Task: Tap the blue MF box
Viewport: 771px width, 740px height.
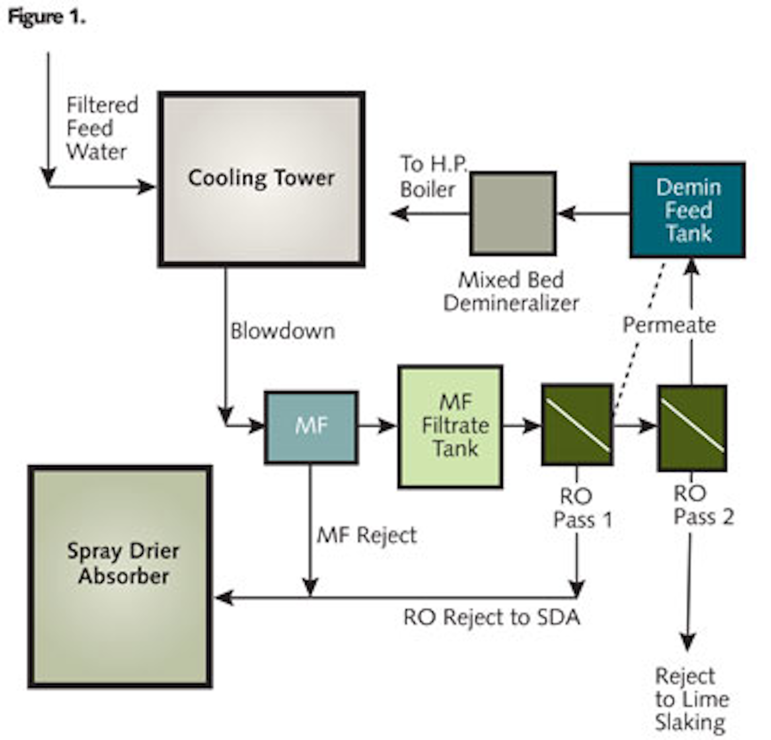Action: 311,427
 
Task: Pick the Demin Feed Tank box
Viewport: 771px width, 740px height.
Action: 687,210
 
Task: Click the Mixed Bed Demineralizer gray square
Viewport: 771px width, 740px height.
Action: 513,213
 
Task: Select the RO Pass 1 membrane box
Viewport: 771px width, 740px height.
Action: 577,425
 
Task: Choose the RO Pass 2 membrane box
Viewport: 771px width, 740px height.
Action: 692,427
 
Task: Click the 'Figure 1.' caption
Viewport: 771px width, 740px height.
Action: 47,17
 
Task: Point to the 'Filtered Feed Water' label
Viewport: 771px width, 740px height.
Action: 101,129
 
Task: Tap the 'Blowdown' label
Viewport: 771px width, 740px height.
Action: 283,331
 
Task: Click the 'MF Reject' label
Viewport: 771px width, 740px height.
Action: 367,535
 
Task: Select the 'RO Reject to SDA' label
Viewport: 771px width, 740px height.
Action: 492,617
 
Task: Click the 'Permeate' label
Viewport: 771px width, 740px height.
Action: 669,325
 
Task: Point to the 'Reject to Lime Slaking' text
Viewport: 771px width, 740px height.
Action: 691,699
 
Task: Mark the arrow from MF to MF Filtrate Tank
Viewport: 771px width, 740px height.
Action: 377,426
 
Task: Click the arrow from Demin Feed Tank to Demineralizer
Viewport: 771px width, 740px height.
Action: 593,214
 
